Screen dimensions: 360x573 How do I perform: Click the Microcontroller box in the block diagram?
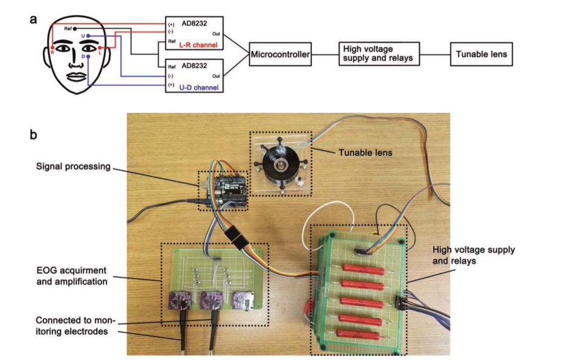click(281, 54)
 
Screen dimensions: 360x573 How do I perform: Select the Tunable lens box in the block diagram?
click(481, 54)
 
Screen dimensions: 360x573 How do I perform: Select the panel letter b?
click(34, 134)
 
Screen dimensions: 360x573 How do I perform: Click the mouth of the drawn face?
click(75, 75)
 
